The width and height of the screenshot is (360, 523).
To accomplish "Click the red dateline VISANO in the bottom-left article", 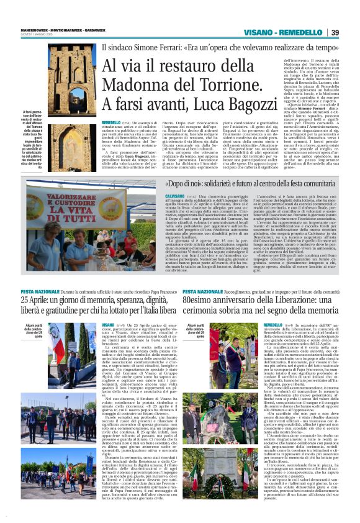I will tap(108, 324).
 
